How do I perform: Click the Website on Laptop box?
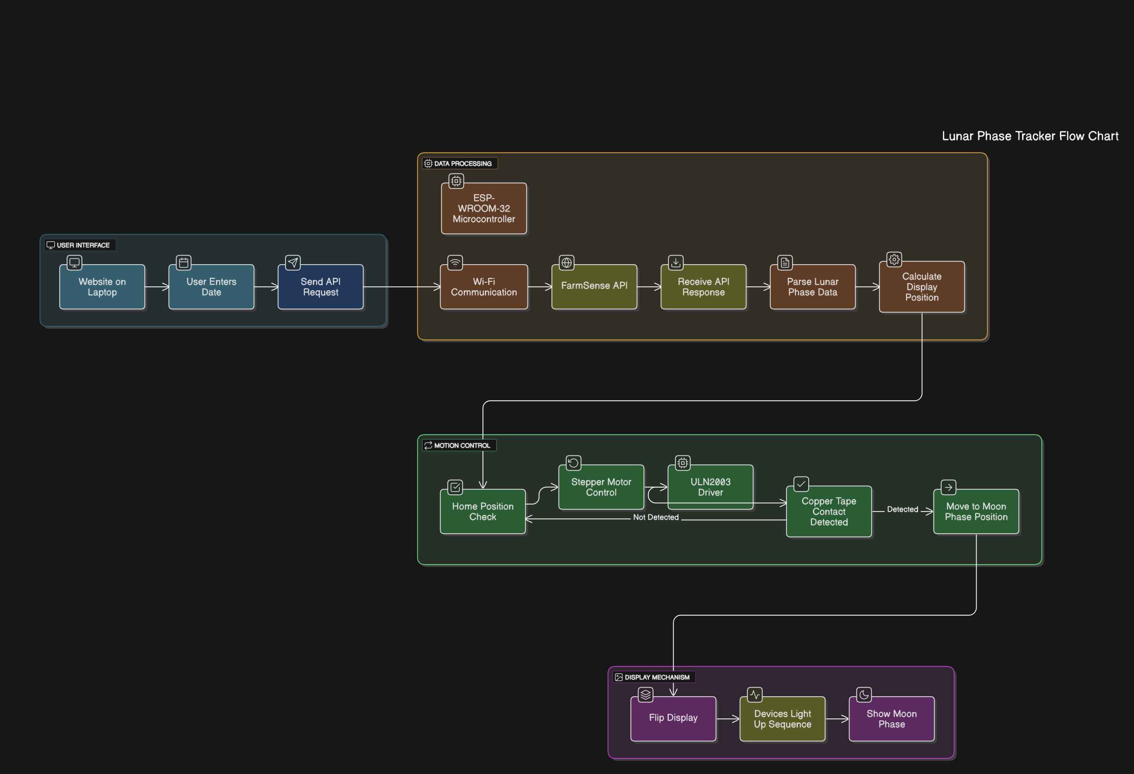tap(102, 287)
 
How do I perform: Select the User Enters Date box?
tap(211, 287)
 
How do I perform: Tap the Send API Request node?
tap(320, 287)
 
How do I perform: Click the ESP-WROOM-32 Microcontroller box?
tap(484, 208)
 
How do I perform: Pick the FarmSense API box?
tap(594, 287)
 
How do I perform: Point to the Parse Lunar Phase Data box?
tap(813, 287)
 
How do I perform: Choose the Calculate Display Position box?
tap(922, 287)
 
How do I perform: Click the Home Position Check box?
tap(483, 511)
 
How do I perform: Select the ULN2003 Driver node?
tap(710, 487)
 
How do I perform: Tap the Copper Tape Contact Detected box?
tap(829, 511)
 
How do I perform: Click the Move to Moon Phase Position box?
tap(976, 511)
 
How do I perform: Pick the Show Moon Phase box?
tap(892, 719)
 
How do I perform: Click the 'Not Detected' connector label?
tap(656, 517)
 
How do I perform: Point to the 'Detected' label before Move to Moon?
tap(903, 509)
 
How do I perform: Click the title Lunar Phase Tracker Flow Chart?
tap(1030, 136)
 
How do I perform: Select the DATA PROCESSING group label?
tap(463, 163)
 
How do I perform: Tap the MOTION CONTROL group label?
tap(462, 446)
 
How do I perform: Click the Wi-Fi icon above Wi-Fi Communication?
tap(455, 263)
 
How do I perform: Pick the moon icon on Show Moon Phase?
tap(864, 695)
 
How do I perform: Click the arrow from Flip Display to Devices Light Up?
tap(728, 719)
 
